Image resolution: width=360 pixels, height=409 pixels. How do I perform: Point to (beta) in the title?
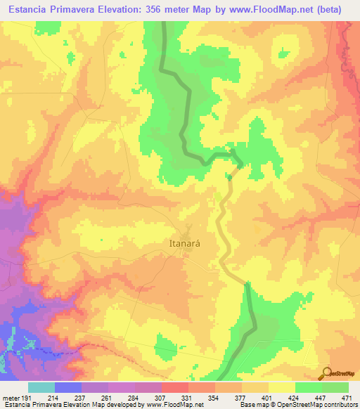tap(328, 9)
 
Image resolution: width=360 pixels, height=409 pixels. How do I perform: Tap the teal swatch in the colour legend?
tap(41, 387)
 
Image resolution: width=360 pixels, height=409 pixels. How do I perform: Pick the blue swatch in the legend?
tap(68, 387)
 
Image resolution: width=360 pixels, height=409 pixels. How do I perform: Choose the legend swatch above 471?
tap(335, 387)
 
